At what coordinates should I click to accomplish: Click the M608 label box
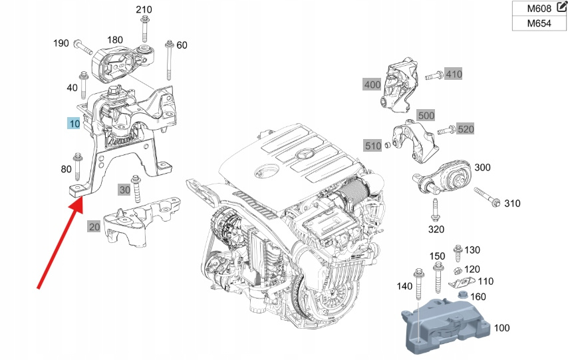pyautogui.click(x=537, y=9)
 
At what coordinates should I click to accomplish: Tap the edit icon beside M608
pyautogui.click(x=561, y=8)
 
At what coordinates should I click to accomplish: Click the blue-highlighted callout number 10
pyautogui.click(x=74, y=124)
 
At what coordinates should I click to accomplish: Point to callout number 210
pyautogui.click(x=144, y=9)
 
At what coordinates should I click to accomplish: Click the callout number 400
pyautogui.click(x=372, y=85)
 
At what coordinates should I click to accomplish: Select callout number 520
pyautogui.click(x=466, y=128)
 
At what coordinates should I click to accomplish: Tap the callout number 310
pyautogui.click(x=512, y=203)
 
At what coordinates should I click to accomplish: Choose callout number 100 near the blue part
pyautogui.click(x=502, y=328)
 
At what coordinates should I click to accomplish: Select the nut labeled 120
pyautogui.click(x=458, y=270)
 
